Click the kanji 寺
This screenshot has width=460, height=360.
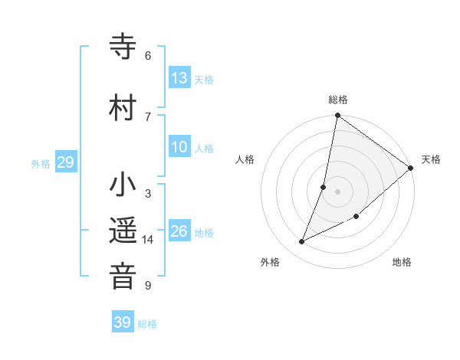click(123, 47)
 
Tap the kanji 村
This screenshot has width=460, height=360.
click(123, 106)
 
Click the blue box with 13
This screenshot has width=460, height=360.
click(179, 78)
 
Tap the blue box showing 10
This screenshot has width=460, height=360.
click(179, 148)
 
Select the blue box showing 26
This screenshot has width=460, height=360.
click(179, 231)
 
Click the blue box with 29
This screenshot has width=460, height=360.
click(65, 162)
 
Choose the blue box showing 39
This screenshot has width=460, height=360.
click(122, 322)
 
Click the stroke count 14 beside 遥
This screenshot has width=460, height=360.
click(147, 240)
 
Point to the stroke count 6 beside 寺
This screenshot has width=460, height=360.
click(147, 56)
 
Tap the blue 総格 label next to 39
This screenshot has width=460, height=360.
click(147, 324)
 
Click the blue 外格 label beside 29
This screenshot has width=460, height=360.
click(40, 164)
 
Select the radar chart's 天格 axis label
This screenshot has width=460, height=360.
click(431, 159)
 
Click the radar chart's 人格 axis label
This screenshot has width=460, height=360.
click(245, 159)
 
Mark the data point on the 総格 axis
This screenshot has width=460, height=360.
click(337, 116)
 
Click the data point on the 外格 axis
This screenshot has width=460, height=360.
click(301, 242)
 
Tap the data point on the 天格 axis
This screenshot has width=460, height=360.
click(411, 168)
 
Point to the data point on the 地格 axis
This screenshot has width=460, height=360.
click(356, 217)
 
